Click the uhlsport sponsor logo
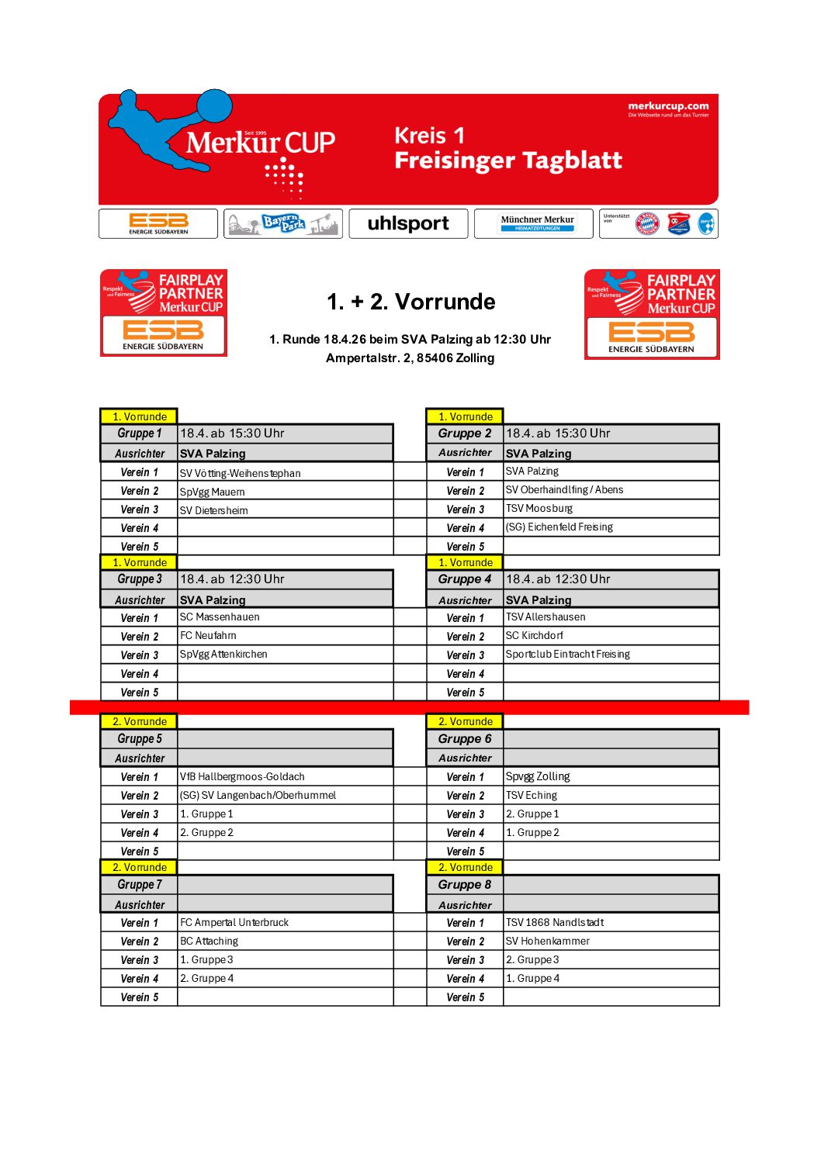click(x=408, y=223)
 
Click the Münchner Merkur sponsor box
click(x=537, y=223)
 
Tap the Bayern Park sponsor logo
click(x=283, y=223)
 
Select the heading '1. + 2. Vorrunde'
click(x=410, y=302)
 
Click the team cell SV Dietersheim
click(x=214, y=510)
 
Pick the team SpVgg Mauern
click(x=212, y=492)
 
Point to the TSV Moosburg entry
click(x=539, y=509)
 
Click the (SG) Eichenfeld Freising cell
click(x=559, y=527)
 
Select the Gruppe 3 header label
click(x=140, y=579)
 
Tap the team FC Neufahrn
click(x=208, y=636)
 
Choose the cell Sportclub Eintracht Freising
click(x=567, y=655)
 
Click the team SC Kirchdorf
click(x=534, y=636)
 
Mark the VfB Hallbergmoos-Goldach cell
click(x=242, y=777)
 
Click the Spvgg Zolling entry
click(x=538, y=777)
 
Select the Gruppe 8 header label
click(x=464, y=885)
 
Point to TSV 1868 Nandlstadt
click(x=554, y=923)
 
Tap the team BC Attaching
click(x=209, y=942)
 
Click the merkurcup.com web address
click(x=668, y=106)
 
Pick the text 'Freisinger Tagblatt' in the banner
click(x=507, y=161)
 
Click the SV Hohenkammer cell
click(x=547, y=942)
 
